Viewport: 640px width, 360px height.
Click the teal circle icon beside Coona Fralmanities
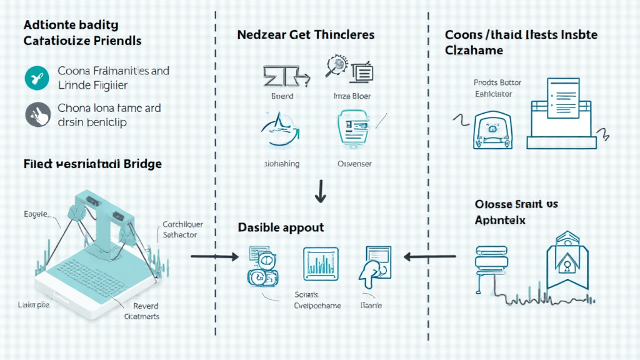pyautogui.click(x=36, y=78)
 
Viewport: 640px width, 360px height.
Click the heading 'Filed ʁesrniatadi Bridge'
pyautogui.click(x=92, y=164)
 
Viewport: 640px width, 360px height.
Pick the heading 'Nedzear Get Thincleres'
pyautogui.click(x=306, y=35)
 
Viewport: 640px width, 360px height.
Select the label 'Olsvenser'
pyautogui.click(x=354, y=164)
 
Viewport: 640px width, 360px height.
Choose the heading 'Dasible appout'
pyautogui.click(x=281, y=227)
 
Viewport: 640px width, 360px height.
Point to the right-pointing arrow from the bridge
pyautogui.click(x=214, y=256)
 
